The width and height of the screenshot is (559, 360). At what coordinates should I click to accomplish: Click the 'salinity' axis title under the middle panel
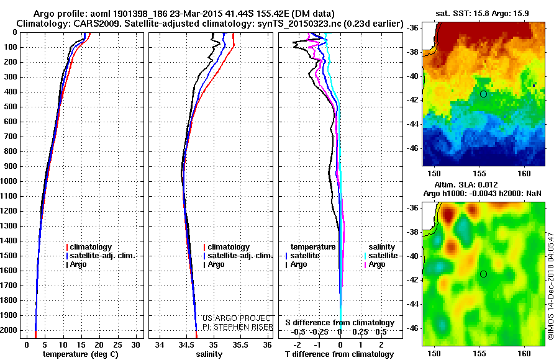pyautogui.click(x=209, y=354)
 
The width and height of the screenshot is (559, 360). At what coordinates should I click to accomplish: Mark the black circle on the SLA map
pyautogui.click(x=483, y=274)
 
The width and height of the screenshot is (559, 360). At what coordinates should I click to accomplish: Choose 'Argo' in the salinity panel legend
pyautogui.click(x=216, y=264)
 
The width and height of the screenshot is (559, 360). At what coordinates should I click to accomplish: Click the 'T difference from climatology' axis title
pyautogui.click(x=337, y=354)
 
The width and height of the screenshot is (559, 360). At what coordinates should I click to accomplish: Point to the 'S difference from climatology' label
pyautogui.click(x=339, y=323)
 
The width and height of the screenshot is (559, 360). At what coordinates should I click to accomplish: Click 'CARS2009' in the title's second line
pyautogui.click(x=78, y=24)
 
